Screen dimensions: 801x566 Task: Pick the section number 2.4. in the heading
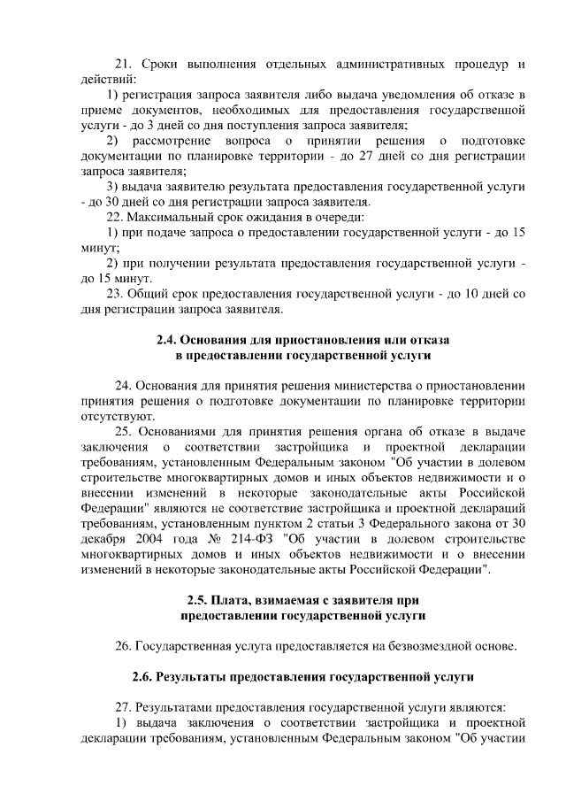166,340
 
